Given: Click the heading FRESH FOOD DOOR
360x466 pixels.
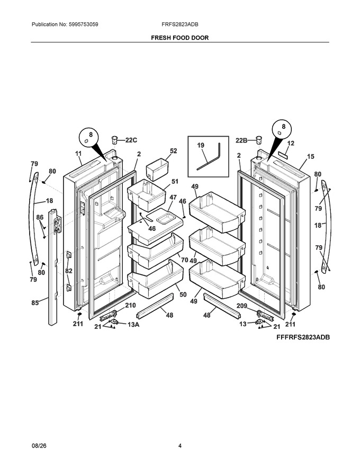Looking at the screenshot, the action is [x=179, y=38].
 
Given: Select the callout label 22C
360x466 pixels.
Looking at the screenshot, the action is [x=131, y=140].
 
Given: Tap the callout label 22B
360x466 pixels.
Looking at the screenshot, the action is [x=241, y=140].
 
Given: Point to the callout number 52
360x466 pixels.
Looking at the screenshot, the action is [x=174, y=151].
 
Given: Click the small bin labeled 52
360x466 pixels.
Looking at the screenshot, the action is [x=157, y=169].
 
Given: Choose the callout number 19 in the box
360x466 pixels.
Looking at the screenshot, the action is [x=201, y=145].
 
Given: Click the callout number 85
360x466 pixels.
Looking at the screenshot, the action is [x=35, y=303].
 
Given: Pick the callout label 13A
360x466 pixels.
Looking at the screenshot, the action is [x=133, y=325].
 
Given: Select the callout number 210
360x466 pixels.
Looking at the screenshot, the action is [x=130, y=305].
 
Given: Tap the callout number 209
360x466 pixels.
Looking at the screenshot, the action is [x=242, y=306].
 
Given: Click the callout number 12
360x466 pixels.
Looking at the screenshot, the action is [x=291, y=144].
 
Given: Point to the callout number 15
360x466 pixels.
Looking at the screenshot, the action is [x=310, y=156].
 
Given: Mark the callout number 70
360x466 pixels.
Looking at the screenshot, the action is [x=184, y=260].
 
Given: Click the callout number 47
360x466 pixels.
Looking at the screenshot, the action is [x=173, y=198].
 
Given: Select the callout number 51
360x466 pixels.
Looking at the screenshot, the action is [x=175, y=181].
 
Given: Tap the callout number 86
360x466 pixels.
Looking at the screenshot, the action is [x=40, y=217].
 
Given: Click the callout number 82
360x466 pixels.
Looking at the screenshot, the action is [x=69, y=271].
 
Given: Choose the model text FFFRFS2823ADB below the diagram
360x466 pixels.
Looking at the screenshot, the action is [x=303, y=337].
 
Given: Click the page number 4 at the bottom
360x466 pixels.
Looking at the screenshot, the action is [x=180, y=445].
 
